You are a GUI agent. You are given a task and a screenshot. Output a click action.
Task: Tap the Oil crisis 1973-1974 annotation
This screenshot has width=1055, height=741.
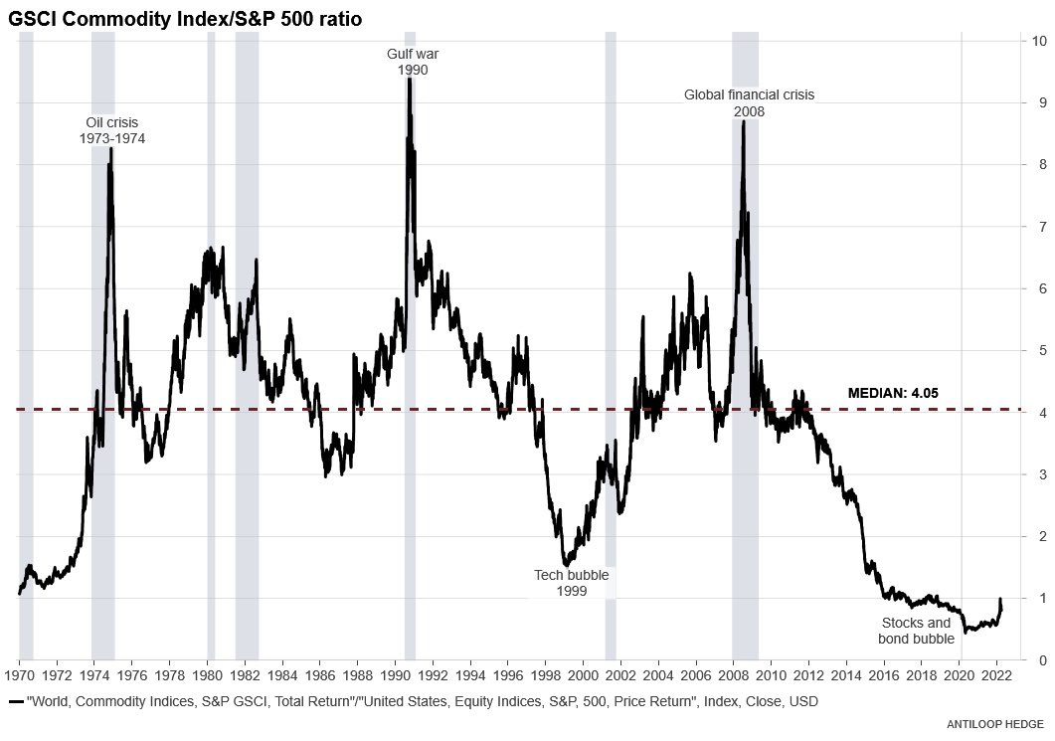coord(112,130)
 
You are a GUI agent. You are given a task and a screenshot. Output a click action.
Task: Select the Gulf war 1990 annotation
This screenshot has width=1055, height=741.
coord(413,62)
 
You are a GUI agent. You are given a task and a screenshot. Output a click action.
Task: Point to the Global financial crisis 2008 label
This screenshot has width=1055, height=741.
coord(749,103)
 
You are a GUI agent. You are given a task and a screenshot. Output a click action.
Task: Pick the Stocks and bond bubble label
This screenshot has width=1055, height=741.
coord(916,631)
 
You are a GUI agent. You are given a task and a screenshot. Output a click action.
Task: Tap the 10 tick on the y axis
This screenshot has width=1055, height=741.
coord(1038,41)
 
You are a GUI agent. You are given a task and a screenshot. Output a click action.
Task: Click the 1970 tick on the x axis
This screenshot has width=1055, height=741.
coord(19,675)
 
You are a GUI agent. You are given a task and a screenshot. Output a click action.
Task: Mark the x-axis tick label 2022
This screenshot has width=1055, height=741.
coord(996,675)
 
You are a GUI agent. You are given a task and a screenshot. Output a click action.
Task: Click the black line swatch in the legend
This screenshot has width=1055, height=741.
coord(16,702)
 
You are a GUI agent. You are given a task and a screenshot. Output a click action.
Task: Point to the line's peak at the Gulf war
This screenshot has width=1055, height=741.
coord(409,80)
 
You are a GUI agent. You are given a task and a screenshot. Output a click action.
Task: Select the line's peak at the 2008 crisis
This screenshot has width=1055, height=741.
coord(743,121)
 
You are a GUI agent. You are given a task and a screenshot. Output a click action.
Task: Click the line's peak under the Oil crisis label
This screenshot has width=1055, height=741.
coord(110,149)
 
